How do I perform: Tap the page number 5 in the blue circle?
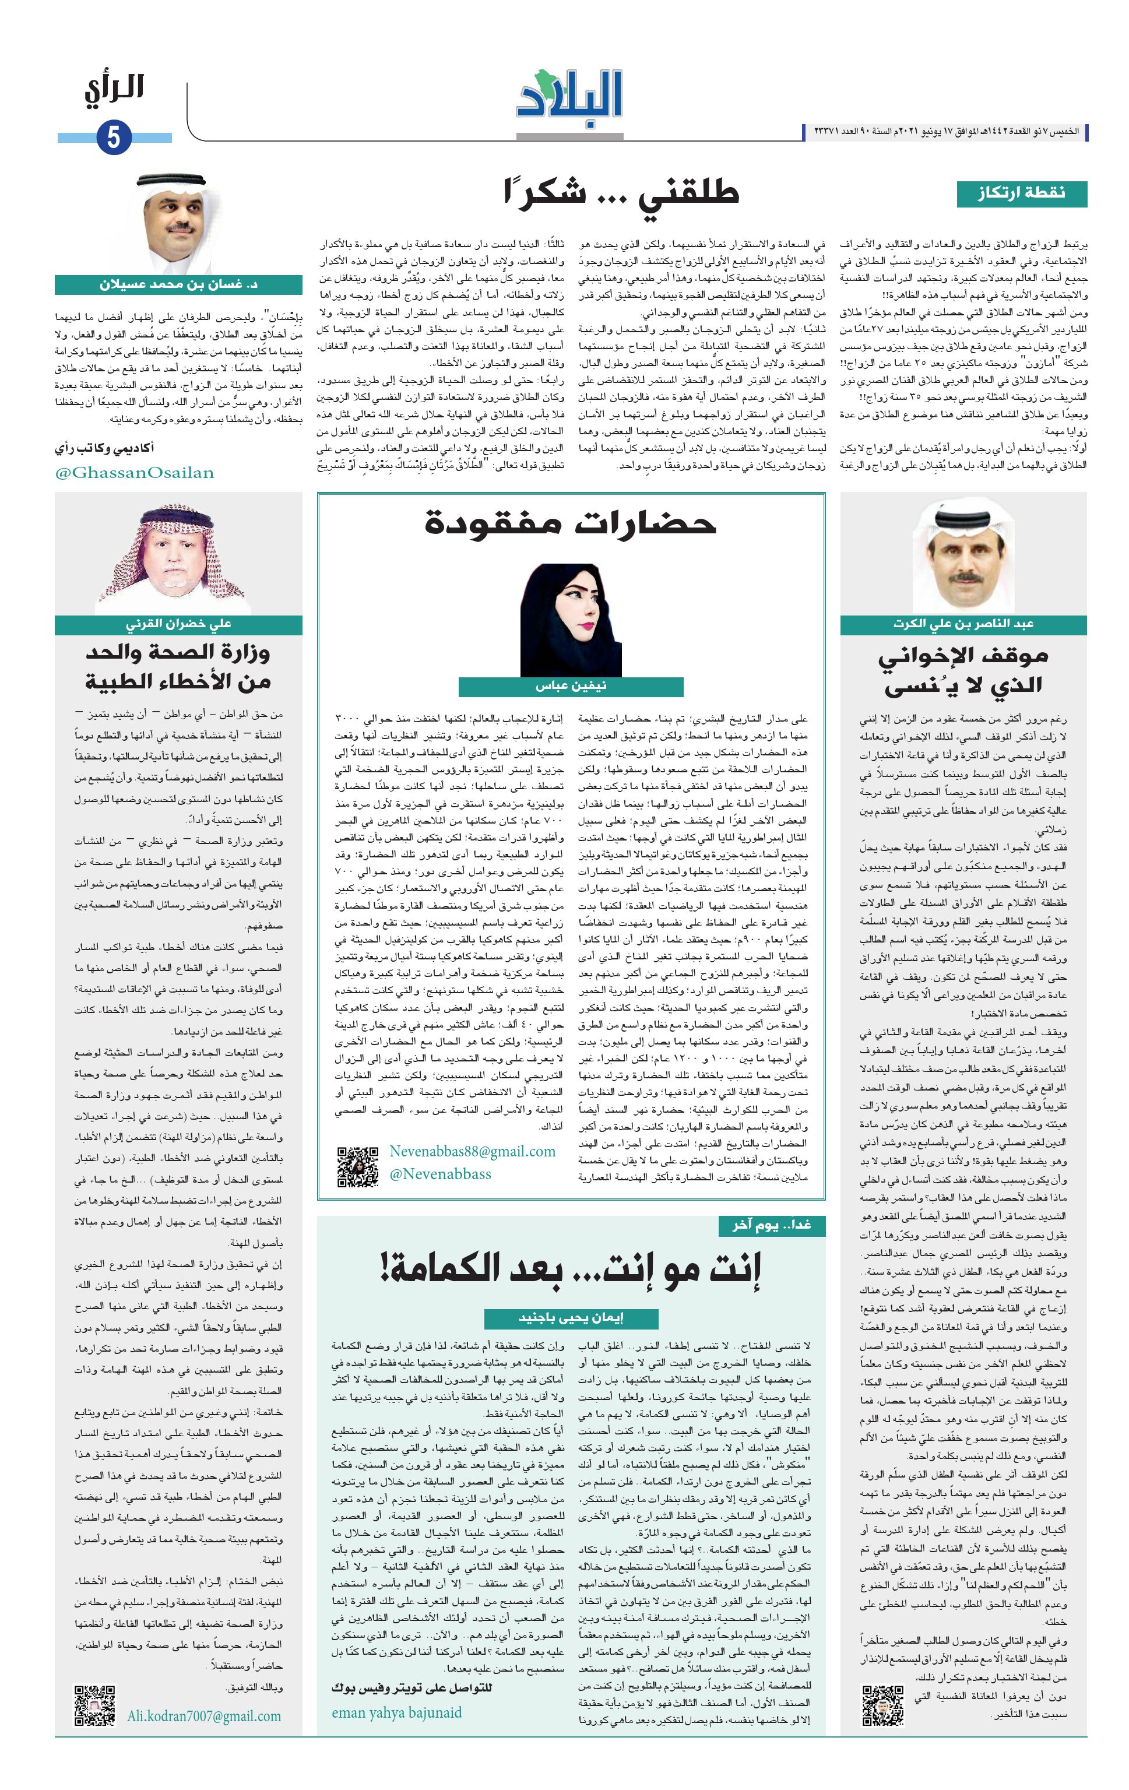point(114,138)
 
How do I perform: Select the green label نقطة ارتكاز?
point(1021,194)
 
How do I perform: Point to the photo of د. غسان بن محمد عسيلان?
point(178,224)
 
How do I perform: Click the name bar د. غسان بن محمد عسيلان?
point(178,284)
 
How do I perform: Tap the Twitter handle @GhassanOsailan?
point(135,473)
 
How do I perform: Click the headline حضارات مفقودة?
point(570,524)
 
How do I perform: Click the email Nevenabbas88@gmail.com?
point(473,1151)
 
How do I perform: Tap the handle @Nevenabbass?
point(441,1174)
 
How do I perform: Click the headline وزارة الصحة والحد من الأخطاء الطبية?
point(178,667)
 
